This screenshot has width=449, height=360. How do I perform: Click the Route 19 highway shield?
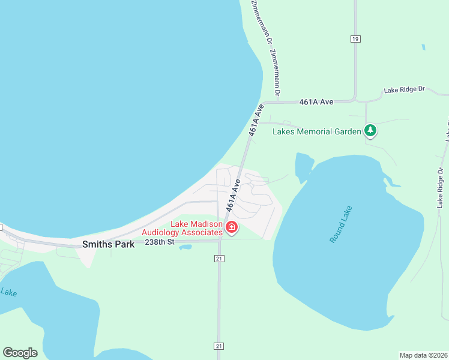pos(355,38)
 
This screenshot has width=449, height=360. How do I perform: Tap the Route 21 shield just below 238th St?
pos(218,258)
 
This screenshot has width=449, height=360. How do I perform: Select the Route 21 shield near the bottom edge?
pos(218,346)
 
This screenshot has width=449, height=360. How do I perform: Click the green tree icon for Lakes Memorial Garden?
pos(370,130)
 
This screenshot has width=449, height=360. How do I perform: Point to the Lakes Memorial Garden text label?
pos(317,131)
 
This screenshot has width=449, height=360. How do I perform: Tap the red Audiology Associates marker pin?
pos(231,227)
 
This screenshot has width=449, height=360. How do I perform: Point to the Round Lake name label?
pos(342,224)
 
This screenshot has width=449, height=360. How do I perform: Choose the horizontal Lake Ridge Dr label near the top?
pos(404,90)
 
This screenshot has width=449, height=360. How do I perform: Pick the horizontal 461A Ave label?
pos(316,102)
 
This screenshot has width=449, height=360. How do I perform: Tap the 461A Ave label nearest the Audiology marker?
pos(234,194)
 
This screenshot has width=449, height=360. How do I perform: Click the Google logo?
pos(20,353)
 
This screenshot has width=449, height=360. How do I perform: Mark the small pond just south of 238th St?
pos(185,247)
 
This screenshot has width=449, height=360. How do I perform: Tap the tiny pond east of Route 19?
pos(423,47)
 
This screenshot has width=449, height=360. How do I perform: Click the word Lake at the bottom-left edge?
pos(8,292)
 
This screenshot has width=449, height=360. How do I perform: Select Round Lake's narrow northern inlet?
pos(303,166)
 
